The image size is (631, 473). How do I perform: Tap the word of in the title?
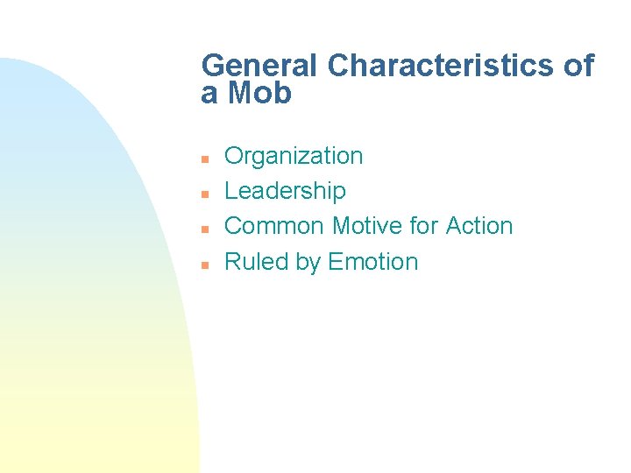(x=578, y=66)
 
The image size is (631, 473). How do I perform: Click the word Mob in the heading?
(x=259, y=93)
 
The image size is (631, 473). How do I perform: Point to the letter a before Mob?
(x=209, y=95)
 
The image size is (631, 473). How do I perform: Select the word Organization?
(x=294, y=157)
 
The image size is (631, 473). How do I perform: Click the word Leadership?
(x=285, y=191)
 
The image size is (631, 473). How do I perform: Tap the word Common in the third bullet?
(x=275, y=226)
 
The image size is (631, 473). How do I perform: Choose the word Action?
(x=479, y=226)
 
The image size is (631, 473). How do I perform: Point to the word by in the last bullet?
(x=308, y=263)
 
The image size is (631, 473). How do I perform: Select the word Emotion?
(x=373, y=262)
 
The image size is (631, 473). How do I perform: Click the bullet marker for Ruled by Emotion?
(x=202, y=264)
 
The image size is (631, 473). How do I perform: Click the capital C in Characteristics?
(x=338, y=66)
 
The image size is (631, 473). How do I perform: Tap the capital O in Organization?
(x=234, y=156)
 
